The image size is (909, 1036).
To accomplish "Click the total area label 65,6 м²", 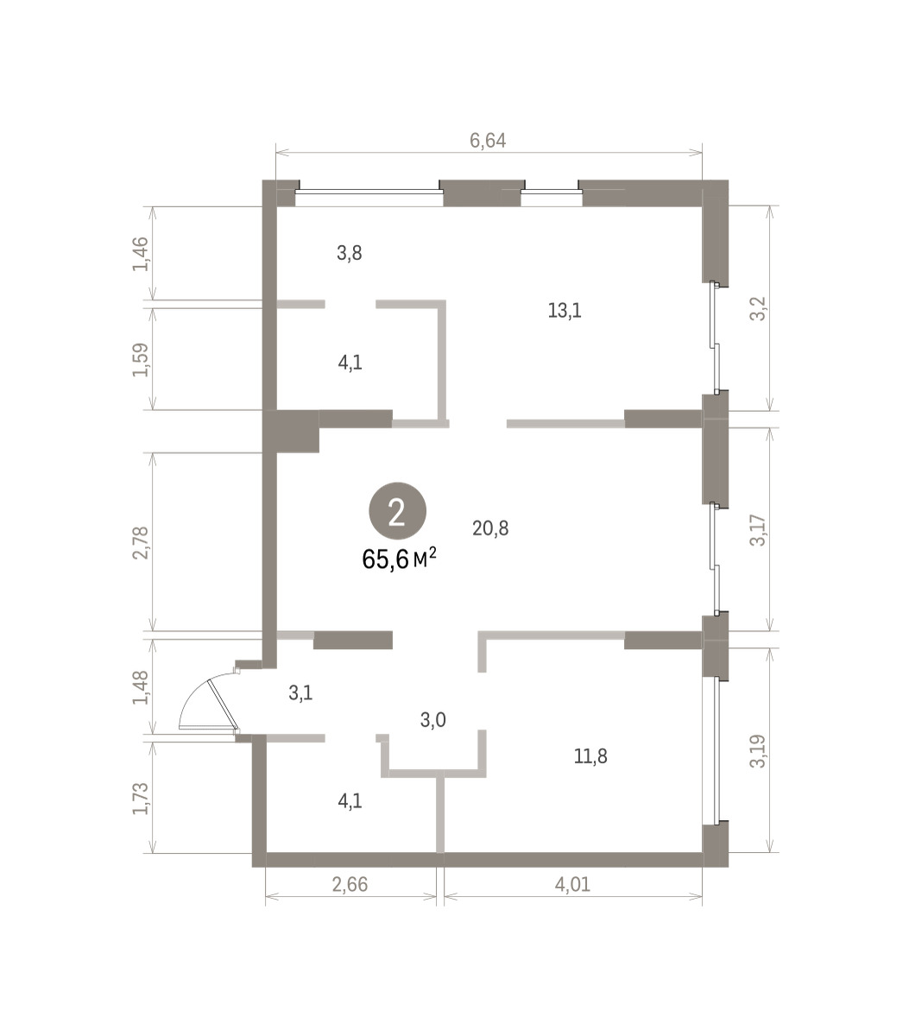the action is [399, 559].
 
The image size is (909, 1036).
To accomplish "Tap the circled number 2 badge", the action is [397, 511].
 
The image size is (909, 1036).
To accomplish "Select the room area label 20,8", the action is [490, 528].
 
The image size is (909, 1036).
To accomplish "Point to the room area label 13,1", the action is [565, 311].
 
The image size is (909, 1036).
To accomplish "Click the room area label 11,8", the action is [590, 755].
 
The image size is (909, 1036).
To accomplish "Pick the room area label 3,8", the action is [350, 253].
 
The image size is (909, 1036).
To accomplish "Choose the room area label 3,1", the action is [300, 693].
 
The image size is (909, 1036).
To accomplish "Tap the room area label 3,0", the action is [433, 720].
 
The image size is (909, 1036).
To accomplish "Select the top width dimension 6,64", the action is [488, 140].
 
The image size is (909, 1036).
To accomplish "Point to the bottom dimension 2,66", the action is [350, 884].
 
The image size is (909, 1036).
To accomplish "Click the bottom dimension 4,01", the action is [572, 884].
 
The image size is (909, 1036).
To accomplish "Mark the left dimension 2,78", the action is [141, 542].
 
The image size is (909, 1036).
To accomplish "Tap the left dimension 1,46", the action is [141, 254].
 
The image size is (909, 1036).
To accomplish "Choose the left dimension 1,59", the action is [141, 360].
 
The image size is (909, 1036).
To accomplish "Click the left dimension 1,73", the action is [141, 799].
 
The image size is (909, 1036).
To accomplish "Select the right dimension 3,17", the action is [758, 530].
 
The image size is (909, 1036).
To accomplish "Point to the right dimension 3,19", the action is [758, 751].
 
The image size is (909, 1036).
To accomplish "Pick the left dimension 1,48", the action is [141, 687].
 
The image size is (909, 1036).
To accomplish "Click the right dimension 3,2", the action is [758, 308].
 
